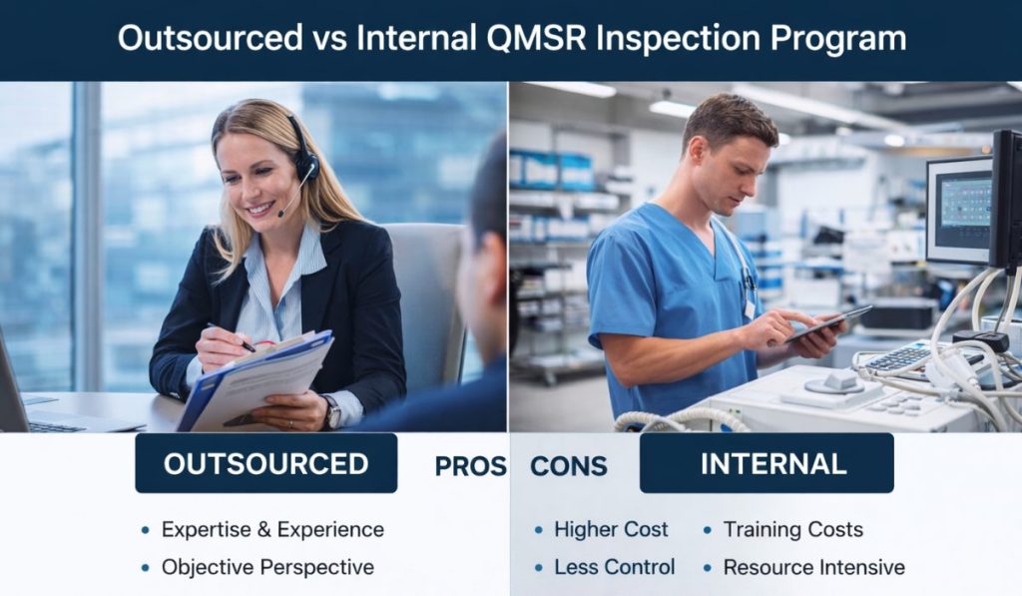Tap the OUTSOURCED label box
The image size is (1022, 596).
(x=265, y=463)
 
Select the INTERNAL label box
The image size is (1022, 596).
(x=766, y=463)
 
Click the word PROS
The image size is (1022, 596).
(x=470, y=466)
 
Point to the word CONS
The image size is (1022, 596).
(x=567, y=466)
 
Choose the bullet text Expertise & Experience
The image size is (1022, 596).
(x=272, y=529)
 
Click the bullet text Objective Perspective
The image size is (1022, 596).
(x=267, y=567)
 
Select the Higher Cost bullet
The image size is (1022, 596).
(x=611, y=529)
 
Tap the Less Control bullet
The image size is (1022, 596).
(x=615, y=567)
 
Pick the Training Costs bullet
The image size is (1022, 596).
(x=792, y=529)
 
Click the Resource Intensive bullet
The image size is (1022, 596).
(x=813, y=567)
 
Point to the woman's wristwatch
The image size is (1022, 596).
(x=330, y=409)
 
